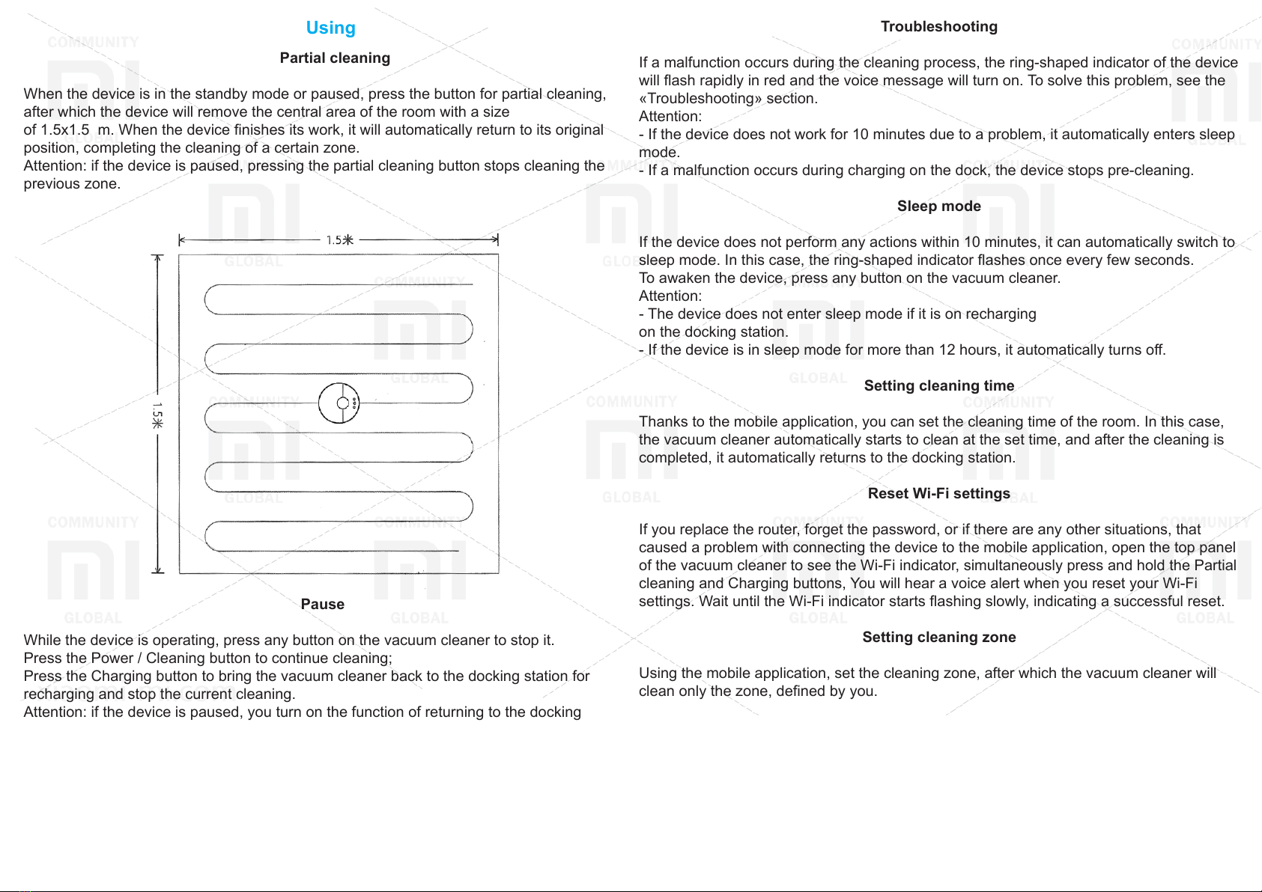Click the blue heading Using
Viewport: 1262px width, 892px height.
[331, 28]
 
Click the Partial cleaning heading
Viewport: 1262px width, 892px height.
[335, 58]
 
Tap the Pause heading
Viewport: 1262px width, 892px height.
[322, 604]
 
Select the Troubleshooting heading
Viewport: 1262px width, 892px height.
[938, 27]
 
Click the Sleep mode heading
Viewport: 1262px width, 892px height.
[938, 206]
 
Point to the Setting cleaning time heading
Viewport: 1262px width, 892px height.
[938, 385]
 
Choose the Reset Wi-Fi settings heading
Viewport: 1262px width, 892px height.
[938, 494]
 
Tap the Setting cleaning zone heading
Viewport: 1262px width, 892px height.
[938, 637]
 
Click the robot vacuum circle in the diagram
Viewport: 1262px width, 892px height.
[339, 403]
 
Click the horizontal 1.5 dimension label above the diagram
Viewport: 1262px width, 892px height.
[340, 240]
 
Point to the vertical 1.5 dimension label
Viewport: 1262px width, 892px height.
[157, 415]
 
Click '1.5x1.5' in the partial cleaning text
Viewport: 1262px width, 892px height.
[65, 130]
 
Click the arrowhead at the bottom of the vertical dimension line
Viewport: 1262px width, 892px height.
[158, 570]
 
